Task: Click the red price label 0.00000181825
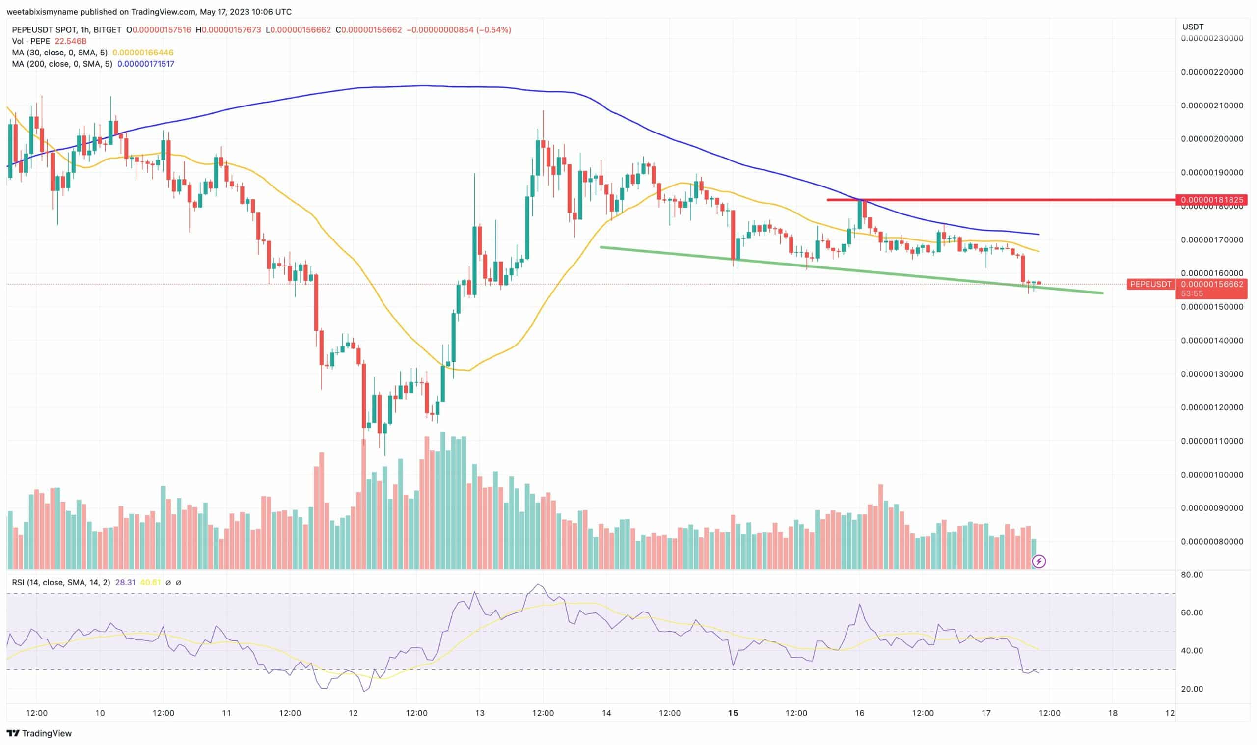tap(1211, 200)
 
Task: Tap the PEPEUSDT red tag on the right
tap(1150, 284)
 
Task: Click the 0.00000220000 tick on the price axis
tap(1212, 72)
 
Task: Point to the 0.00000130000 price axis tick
tap(1212, 374)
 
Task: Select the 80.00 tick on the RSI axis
tap(1192, 574)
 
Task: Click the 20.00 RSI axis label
tap(1192, 689)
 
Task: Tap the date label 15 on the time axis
tap(733, 713)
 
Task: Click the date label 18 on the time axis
tap(1112, 713)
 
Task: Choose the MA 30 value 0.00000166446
tap(143, 52)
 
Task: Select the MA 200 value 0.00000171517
tap(146, 64)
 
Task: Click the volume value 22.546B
tap(70, 41)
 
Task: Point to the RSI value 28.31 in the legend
tap(125, 583)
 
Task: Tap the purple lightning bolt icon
tap(1038, 561)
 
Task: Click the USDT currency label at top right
tap(1192, 27)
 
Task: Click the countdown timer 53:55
tap(1191, 293)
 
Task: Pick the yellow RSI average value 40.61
tap(150, 583)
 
